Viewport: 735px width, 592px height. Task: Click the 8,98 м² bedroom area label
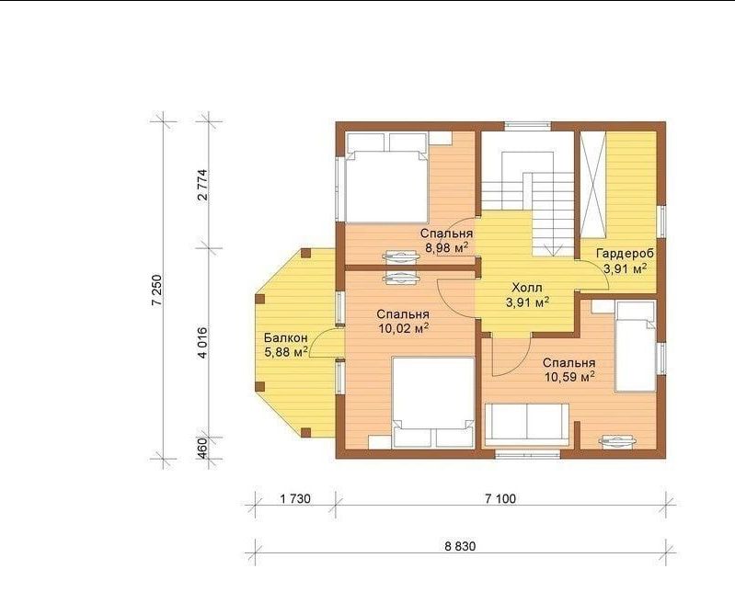(x=447, y=247)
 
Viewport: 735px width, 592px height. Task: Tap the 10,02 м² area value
(x=403, y=329)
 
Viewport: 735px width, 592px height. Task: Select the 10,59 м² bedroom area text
(x=569, y=377)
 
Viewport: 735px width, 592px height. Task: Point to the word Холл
(x=527, y=287)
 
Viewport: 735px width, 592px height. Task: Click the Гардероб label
(x=625, y=254)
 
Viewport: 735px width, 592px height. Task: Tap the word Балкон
(x=285, y=337)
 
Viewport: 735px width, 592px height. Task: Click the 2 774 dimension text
(x=202, y=185)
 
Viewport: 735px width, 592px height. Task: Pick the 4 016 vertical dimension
(x=202, y=342)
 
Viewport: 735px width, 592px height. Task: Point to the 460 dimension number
(x=202, y=448)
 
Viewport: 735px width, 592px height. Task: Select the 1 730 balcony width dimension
(x=295, y=499)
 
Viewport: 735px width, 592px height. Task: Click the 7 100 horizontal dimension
(x=500, y=499)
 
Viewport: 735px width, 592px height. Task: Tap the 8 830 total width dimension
(x=460, y=546)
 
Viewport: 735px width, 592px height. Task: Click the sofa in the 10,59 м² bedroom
(x=527, y=425)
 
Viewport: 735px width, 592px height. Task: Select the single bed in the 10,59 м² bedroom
(x=635, y=347)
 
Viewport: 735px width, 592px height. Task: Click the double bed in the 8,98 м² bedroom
(x=386, y=177)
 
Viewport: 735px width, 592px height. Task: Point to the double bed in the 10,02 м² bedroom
(x=433, y=403)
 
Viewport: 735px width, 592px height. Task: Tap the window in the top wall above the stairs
(x=527, y=125)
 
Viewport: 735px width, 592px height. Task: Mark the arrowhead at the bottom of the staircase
(x=553, y=250)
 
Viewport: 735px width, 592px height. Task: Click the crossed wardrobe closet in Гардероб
(x=593, y=185)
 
